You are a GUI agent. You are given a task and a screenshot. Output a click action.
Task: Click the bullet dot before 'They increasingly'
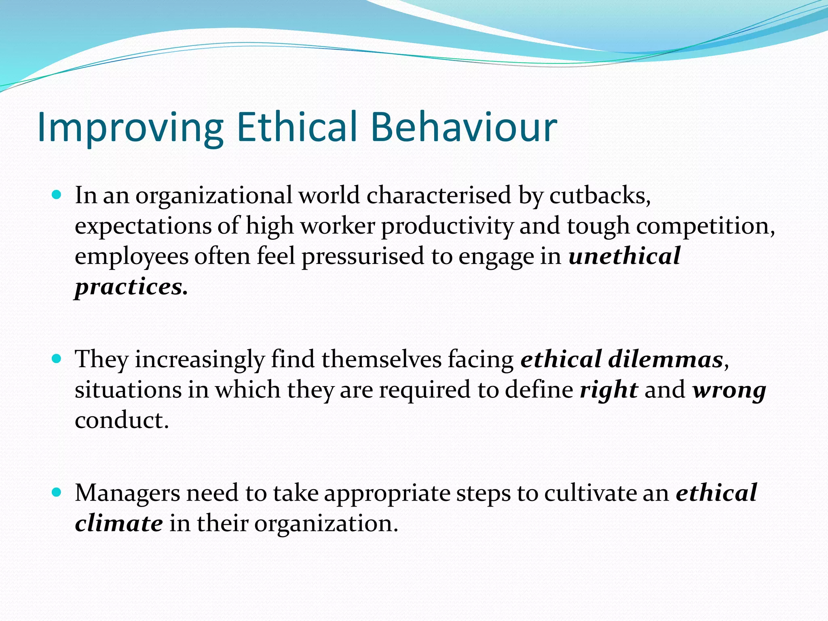(x=57, y=359)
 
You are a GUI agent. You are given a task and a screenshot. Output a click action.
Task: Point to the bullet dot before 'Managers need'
(x=57, y=492)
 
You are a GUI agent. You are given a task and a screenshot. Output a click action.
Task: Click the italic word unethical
(x=624, y=256)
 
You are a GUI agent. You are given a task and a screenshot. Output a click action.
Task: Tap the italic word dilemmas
(x=665, y=359)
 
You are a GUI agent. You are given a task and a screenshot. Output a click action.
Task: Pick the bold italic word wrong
(x=729, y=390)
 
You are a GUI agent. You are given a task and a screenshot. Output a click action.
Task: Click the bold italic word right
(x=609, y=390)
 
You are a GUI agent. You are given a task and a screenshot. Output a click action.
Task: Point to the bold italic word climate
(x=119, y=523)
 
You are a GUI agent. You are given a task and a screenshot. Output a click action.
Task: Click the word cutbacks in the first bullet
(x=600, y=195)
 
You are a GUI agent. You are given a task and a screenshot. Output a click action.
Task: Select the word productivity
(x=447, y=226)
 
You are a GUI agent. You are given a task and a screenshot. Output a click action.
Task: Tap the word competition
(x=705, y=226)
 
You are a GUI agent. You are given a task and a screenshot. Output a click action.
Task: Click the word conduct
(x=121, y=420)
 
